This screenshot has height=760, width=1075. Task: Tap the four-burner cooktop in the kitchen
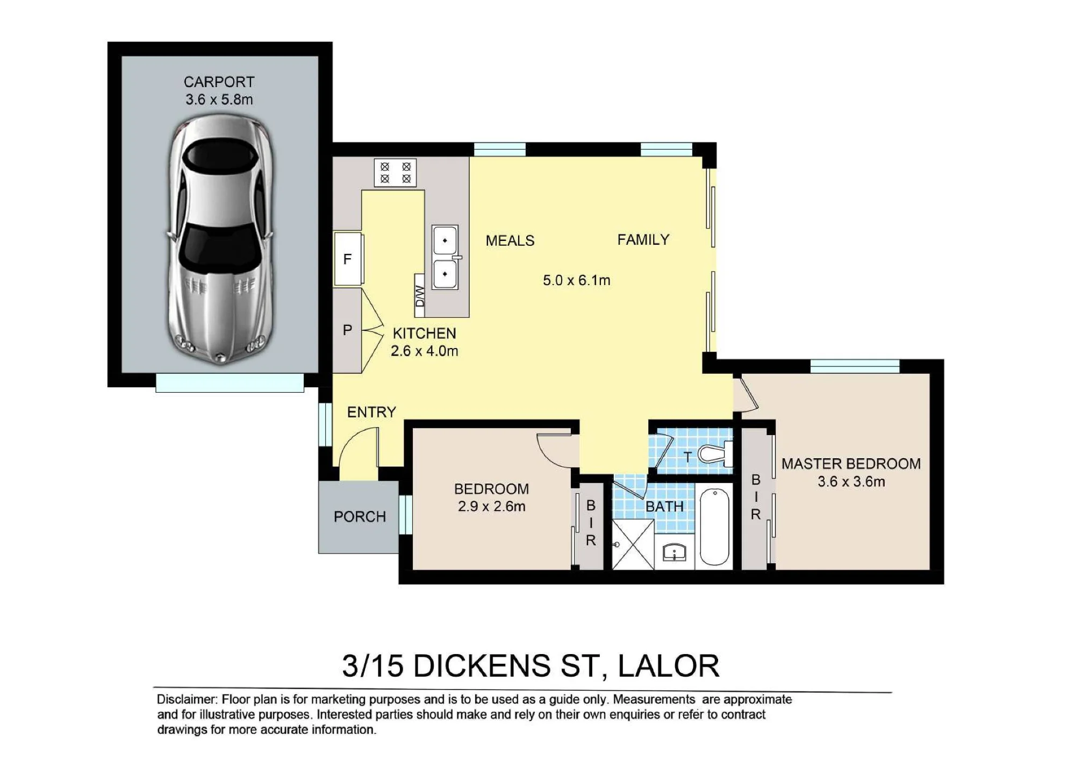[395, 173]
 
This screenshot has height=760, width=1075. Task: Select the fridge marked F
[348, 259]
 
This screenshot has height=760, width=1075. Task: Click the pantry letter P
[348, 330]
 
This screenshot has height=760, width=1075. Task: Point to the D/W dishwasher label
[420, 296]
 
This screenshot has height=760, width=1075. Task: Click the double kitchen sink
[446, 257]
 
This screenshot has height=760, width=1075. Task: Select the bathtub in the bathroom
[714, 527]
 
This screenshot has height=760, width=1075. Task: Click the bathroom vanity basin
[675, 552]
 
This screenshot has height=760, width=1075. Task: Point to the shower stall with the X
[633, 544]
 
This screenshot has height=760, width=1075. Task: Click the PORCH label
[360, 517]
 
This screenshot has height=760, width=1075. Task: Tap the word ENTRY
[371, 412]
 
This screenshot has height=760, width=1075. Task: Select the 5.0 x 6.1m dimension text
[576, 280]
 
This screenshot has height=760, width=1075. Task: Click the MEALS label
[510, 240]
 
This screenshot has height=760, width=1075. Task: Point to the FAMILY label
[643, 239]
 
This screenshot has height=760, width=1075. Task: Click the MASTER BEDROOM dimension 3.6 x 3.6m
[851, 481]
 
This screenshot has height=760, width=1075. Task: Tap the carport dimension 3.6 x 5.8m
[219, 99]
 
